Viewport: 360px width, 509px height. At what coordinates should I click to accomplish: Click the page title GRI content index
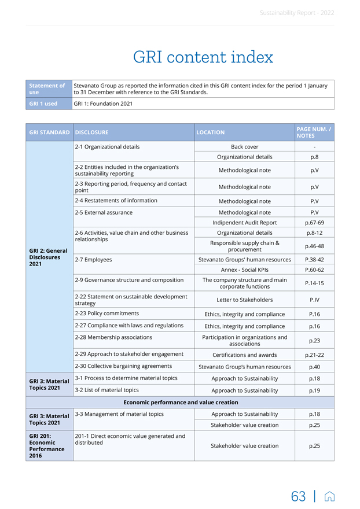point(203,57)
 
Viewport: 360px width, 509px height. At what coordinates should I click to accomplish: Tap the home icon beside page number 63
point(329,496)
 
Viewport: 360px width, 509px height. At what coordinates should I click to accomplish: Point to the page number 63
point(299,496)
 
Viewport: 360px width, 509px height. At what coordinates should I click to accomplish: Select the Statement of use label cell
point(48,89)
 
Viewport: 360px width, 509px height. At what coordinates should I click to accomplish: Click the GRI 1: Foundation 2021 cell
point(103,104)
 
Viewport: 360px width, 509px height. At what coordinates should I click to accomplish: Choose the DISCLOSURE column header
point(92,132)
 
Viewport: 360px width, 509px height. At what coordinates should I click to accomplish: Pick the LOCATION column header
point(210,132)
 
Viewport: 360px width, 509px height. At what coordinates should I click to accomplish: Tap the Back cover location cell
point(244,147)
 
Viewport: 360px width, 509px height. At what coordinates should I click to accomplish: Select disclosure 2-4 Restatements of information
point(116,201)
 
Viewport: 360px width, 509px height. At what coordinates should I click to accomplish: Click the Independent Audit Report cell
point(244,223)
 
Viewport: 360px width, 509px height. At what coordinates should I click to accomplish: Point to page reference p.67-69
point(314,223)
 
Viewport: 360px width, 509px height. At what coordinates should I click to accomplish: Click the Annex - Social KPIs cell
point(244,270)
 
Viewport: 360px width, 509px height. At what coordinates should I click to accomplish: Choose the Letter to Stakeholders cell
point(244,300)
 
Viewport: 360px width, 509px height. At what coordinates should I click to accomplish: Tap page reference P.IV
point(314,300)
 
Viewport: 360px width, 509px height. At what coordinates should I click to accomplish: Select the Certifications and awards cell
point(244,355)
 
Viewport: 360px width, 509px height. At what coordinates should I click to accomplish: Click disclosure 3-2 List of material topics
point(107,390)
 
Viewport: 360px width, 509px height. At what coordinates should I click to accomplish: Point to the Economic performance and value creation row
point(180,402)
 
